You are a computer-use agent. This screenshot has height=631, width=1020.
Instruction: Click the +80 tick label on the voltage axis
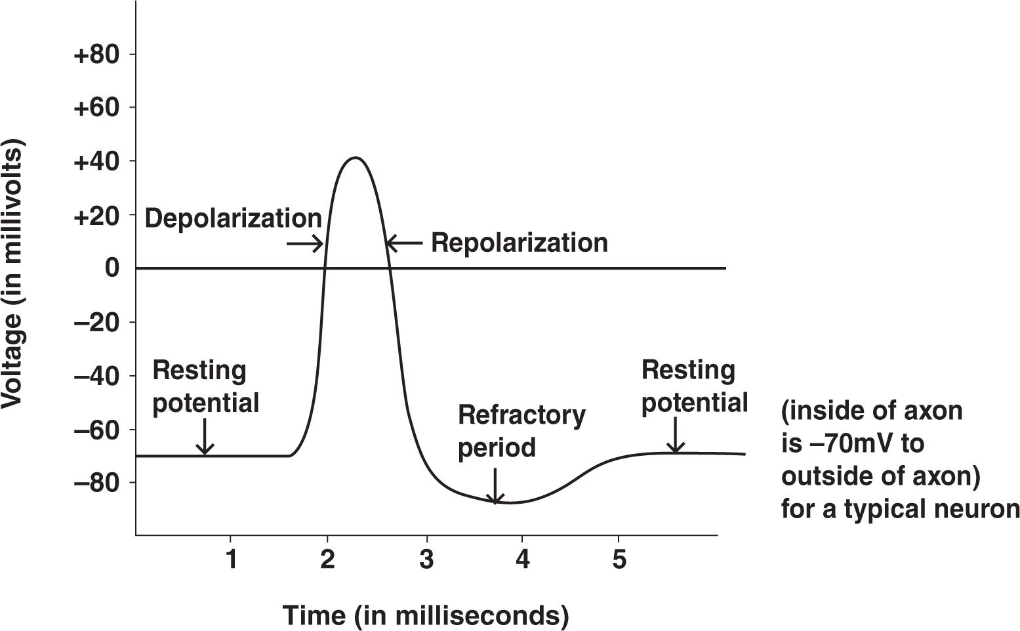[x=96, y=54]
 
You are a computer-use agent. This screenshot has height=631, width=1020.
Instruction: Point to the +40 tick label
[x=96, y=161]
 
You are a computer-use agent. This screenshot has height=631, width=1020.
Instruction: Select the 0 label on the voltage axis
[x=112, y=268]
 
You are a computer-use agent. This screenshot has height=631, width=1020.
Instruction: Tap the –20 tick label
[x=96, y=322]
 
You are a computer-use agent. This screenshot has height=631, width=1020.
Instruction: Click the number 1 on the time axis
[x=232, y=559]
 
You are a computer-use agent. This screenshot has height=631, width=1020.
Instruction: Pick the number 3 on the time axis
[x=426, y=559]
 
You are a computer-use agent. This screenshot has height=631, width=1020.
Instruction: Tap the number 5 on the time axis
[x=619, y=559]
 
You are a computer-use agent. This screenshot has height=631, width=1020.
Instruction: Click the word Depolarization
[x=233, y=218]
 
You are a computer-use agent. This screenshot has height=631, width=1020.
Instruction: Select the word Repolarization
[x=520, y=243]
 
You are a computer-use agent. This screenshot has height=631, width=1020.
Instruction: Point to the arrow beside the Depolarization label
[x=304, y=243]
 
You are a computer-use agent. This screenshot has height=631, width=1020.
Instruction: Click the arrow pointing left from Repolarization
[x=404, y=243]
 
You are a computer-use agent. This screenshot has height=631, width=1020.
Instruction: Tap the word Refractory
[x=522, y=416]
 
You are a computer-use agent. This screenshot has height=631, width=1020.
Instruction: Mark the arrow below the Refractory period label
[x=495, y=486]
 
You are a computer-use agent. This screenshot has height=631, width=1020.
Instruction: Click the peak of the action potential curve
[x=356, y=158]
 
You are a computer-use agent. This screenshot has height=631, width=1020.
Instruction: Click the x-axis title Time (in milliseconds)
[x=426, y=615]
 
